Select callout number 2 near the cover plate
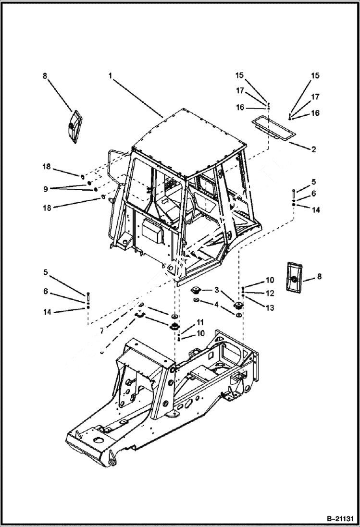pos(313,149)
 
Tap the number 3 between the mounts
pos(217,290)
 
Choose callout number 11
pos(200,322)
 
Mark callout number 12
pos(270,293)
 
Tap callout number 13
pos(270,307)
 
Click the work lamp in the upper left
pos(72,126)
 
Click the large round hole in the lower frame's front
pos(100,441)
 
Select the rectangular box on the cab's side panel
pos(153,231)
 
